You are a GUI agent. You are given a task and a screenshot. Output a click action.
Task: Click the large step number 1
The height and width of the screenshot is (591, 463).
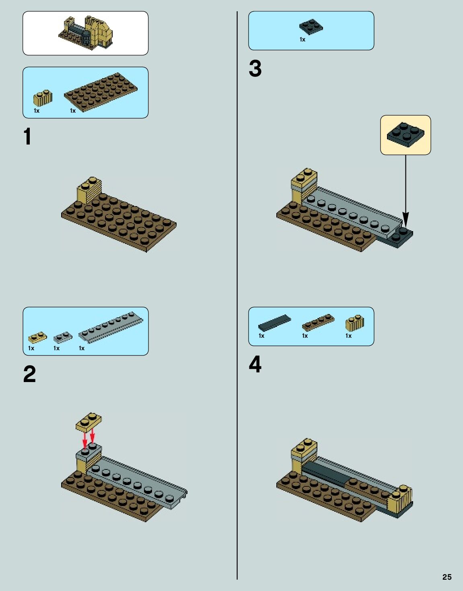click(x=28, y=136)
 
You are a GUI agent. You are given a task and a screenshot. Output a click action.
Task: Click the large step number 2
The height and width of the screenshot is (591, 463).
click(x=30, y=374)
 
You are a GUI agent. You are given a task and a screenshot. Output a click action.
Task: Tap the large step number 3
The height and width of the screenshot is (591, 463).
click(x=255, y=68)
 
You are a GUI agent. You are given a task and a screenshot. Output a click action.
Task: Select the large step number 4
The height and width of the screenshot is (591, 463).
click(x=255, y=364)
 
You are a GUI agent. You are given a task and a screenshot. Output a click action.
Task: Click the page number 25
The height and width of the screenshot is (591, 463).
click(x=447, y=577)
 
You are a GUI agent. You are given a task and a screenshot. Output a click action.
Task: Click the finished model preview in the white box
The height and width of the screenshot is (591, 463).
click(x=86, y=33)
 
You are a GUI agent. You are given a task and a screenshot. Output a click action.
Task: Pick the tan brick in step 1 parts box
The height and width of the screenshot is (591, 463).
click(x=43, y=98)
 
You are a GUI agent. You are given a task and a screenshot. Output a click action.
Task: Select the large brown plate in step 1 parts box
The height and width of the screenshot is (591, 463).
click(x=101, y=92)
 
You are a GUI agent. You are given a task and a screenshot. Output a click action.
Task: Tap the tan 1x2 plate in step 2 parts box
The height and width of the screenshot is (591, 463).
click(x=37, y=337)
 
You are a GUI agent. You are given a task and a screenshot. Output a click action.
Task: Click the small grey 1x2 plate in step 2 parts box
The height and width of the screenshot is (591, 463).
click(x=63, y=337)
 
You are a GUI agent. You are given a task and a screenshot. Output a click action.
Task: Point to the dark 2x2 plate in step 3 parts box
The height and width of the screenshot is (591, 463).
click(x=311, y=27)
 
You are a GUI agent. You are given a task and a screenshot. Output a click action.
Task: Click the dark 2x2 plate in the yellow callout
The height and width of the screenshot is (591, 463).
click(x=405, y=134)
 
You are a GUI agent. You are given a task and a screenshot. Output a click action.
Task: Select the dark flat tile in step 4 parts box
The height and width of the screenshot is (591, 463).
click(x=274, y=323)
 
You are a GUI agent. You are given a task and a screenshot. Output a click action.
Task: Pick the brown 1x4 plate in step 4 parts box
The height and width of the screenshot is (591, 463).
click(x=318, y=322)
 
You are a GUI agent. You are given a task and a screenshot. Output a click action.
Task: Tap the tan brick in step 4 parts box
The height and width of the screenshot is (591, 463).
click(x=355, y=323)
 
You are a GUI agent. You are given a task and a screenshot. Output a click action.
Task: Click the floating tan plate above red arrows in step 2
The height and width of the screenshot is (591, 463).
click(x=89, y=422)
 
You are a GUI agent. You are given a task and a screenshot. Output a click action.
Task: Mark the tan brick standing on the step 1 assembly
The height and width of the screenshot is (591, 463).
click(x=89, y=190)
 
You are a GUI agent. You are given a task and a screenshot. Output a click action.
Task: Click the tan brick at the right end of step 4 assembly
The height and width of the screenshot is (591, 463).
click(x=400, y=500)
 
